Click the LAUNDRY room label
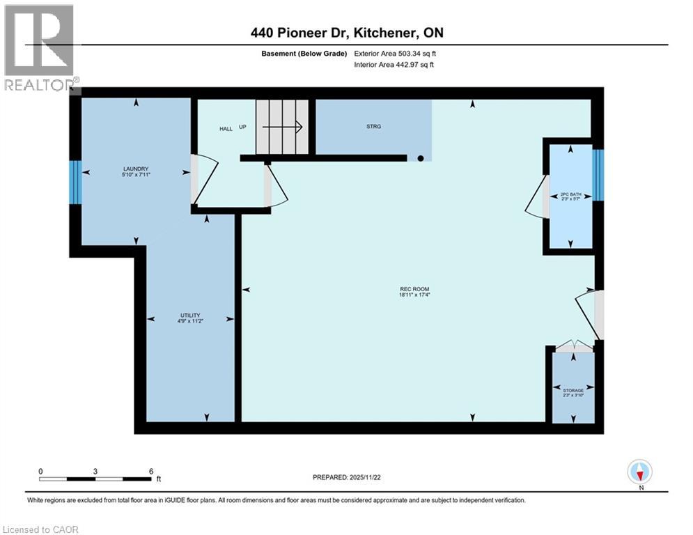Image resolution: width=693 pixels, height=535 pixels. [137, 169]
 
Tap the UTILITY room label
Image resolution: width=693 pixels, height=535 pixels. [190, 316]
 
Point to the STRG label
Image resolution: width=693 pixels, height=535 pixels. [373, 127]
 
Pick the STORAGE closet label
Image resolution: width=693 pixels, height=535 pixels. [573, 391]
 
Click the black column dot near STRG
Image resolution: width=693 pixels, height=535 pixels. [420, 158]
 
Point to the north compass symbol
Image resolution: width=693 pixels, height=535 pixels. [639, 473]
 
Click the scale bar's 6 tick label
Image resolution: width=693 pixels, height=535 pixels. [150, 471]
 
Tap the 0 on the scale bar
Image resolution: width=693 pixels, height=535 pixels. [41, 471]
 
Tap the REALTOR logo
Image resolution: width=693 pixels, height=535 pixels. [40, 47]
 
